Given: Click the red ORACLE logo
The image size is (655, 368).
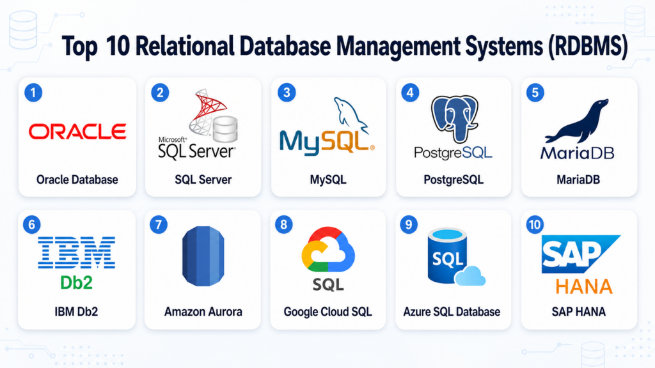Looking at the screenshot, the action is point(77,132).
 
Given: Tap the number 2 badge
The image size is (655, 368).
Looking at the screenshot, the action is point(160,93).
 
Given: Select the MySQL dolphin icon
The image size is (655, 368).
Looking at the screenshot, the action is point(350,115).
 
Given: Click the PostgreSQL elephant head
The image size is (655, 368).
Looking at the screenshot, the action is point(455,118).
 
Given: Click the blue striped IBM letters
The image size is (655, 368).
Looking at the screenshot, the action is point(77,252).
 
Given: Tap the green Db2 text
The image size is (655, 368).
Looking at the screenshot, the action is point(77,282).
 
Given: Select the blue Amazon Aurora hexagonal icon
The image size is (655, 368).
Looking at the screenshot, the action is point(203,256).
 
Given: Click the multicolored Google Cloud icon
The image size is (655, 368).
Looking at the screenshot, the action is point(328,250).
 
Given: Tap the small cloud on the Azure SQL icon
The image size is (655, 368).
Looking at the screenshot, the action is point(470,276).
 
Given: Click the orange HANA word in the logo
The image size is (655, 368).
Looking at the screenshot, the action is point(583,287).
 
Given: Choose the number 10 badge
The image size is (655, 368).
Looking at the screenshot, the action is point(535,225).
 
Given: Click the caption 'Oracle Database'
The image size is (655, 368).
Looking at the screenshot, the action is point(77,180).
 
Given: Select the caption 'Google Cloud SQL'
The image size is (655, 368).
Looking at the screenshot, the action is point(328,312).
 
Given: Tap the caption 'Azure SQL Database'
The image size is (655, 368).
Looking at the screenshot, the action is point(452,312).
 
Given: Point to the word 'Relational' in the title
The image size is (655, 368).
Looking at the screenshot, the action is point(185,46).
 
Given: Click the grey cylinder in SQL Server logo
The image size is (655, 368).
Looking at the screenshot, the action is point(225,129).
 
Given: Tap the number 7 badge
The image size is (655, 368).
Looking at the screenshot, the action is point(159,225).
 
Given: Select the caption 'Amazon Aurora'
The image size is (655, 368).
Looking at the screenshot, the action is point(203,312).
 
